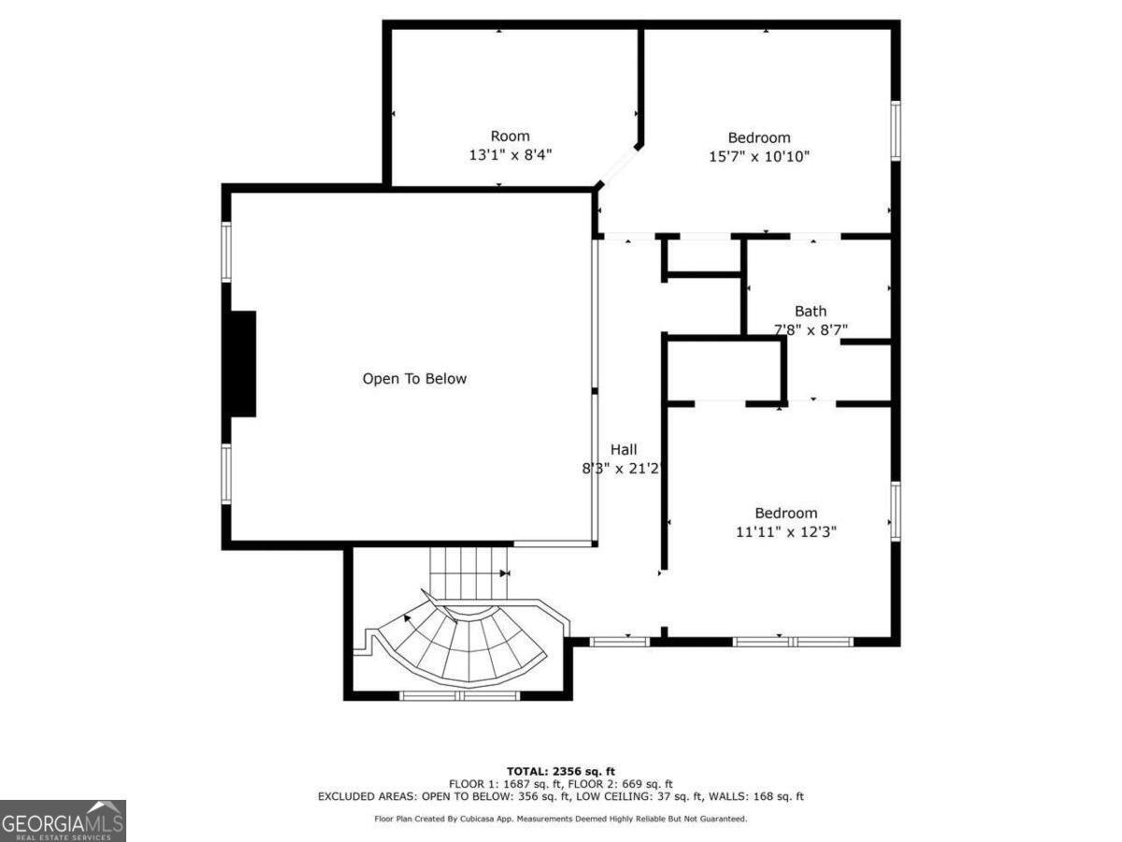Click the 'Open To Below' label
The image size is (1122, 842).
pos(414,379)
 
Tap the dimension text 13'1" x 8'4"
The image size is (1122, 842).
pos(510,155)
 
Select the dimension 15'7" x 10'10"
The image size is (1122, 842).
pos(758,156)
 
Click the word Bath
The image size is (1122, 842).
pos(810,312)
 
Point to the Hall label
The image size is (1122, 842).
pos(624,450)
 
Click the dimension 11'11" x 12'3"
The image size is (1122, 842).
pos(785,531)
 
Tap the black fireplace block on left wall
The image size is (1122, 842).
pos(241,364)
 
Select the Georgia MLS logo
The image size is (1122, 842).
pos(63,820)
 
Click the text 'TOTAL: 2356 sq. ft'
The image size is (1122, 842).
pos(561,770)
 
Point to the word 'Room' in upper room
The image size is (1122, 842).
pos(510,137)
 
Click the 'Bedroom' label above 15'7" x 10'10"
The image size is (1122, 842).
pos(758,138)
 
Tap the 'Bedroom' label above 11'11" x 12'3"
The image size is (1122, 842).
pos(785,513)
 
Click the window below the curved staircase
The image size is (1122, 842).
pos(459,695)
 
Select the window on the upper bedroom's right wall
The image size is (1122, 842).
pos(895,130)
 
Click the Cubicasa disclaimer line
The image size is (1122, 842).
pos(561,819)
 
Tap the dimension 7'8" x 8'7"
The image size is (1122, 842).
pos(810,329)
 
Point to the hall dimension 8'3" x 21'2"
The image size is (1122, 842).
pos(622,469)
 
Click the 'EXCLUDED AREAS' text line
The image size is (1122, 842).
pos(561,796)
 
